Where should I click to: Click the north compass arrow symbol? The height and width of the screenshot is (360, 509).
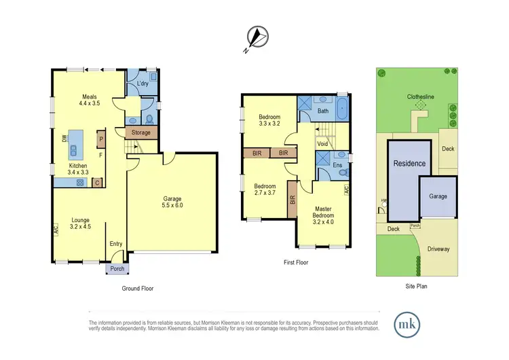click(x=254, y=37)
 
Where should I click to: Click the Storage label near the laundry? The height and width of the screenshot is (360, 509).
click(x=141, y=132)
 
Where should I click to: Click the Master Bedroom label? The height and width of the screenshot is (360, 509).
click(x=323, y=214)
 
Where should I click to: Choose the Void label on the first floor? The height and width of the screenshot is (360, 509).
click(x=322, y=144)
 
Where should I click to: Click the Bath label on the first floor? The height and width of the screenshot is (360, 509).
click(x=323, y=111)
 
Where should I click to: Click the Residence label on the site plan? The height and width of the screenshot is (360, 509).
click(x=410, y=164)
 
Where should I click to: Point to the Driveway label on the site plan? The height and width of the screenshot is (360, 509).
click(x=438, y=249)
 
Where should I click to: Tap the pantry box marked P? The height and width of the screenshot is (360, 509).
click(x=100, y=139)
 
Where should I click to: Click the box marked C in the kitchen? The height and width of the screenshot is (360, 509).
click(x=98, y=182)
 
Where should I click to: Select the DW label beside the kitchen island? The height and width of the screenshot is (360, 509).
click(x=64, y=139)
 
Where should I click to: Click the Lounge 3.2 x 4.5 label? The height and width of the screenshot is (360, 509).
click(x=80, y=223)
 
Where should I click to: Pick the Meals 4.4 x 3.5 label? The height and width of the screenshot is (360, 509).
click(x=90, y=100)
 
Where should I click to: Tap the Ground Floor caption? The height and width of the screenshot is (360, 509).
click(x=138, y=288)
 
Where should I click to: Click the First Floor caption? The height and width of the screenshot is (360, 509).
click(x=296, y=262)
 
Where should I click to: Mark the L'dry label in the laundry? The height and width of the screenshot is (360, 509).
click(x=143, y=84)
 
